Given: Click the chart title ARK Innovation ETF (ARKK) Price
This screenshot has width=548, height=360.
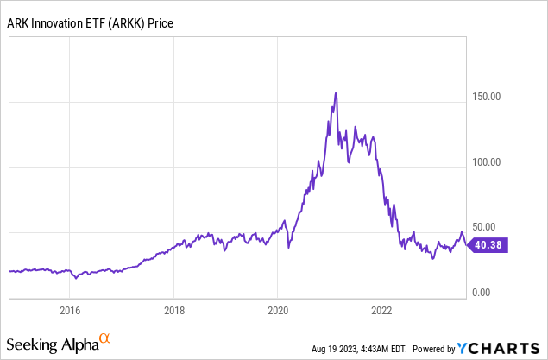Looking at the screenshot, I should coord(91,22).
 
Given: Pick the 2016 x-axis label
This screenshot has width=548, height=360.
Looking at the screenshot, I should coord(70,310).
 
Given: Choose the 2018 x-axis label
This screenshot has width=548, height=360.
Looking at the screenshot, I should coord(174,310).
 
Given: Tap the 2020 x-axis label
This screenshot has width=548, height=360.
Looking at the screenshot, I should coord(278,310).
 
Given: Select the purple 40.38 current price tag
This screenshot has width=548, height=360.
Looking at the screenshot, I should coord(488,245).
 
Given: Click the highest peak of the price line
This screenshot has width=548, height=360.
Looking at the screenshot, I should coord(335,93).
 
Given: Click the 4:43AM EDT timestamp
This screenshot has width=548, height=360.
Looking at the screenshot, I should coord(382,349).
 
